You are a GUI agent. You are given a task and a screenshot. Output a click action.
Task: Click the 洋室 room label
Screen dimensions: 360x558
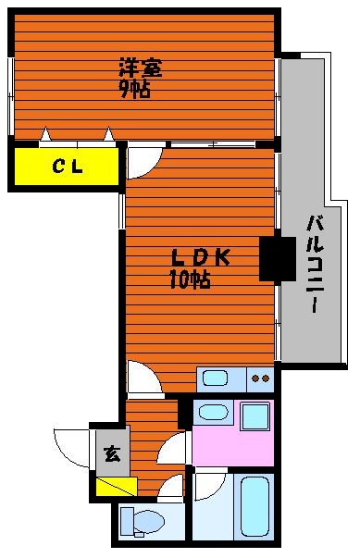(x=141, y=68)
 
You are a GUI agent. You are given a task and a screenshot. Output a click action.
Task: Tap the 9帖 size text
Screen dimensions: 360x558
(x=134, y=89)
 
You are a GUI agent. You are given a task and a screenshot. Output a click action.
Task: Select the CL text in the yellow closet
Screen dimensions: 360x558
(x=68, y=166)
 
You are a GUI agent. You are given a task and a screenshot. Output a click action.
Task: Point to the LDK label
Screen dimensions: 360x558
(x=201, y=257)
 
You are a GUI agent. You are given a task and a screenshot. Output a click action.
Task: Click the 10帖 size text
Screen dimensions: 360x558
(x=190, y=279)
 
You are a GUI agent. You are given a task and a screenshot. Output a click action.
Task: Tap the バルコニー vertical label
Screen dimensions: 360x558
(x=315, y=264)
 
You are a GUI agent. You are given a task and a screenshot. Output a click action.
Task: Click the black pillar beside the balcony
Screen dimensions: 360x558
(x=278, y=259)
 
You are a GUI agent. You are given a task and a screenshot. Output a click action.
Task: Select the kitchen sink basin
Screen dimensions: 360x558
(x=215, y=378)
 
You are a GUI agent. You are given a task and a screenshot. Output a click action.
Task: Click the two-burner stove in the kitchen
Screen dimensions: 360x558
(x=260, y=378)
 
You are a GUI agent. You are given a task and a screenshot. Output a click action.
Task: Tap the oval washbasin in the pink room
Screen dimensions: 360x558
(x=213, y=412)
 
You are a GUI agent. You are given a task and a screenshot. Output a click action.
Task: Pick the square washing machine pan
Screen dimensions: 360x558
(x=254, y=415)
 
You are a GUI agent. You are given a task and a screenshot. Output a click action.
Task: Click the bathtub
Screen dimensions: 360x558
(x=254, y=507)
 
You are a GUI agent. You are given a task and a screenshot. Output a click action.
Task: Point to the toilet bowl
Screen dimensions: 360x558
(x=149, y=522)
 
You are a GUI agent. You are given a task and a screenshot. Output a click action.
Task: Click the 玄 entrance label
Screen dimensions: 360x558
(x=112, y=453)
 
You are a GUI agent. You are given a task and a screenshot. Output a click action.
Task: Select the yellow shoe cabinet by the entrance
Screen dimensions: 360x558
(x=117, y=487)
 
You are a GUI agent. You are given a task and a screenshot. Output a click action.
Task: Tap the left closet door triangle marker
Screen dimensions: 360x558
(x=45, y=134)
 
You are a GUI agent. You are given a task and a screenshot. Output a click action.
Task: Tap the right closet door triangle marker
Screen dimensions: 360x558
(x=109, y=134)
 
